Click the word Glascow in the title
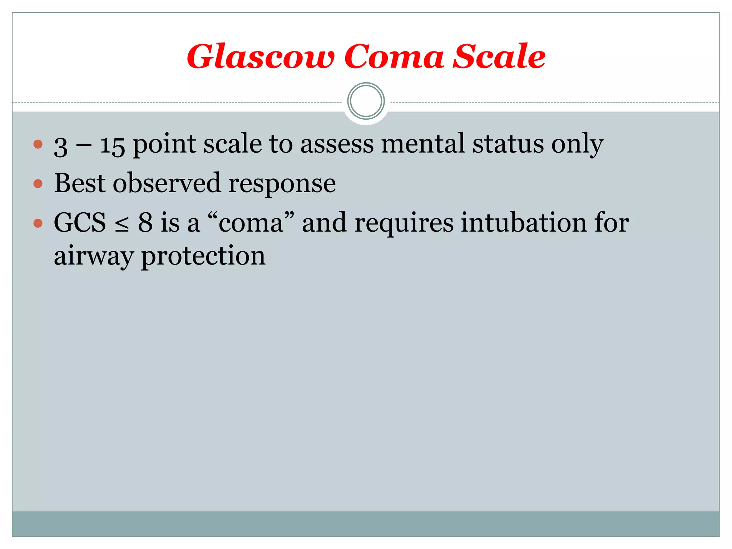pyautogui.click(x=261, y=57)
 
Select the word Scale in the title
pyautogui.click(x=499, y=57)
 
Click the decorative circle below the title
pyautogui.click(x=366, y=101)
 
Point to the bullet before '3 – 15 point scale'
pyautogui.click(x=38, y=144)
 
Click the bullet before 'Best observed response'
pyautogui.click(x=38, y=184)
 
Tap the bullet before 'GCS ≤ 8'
pyautogui.click(x=38, y=223)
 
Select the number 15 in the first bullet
pyautogui.click(x=112, y=145)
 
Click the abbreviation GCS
pyautogui.click(x=80, y=223)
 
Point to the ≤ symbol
pyautogui.click(x=122, y=224)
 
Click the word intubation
pyautogui.click(x=524, y=223)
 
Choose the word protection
pyautogui.click(x=203, y=257)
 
